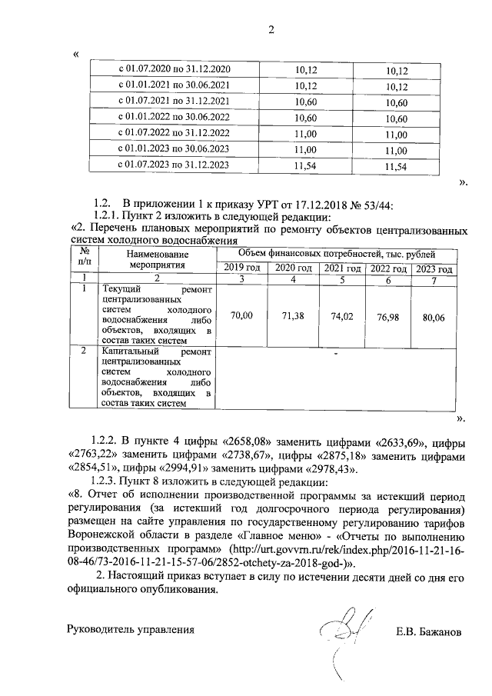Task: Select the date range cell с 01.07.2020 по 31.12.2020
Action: click(x=173, y=69)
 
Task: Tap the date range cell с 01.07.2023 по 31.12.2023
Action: click(x=173, y=165)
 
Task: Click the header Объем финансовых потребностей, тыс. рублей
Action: click(x=337, y=253)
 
